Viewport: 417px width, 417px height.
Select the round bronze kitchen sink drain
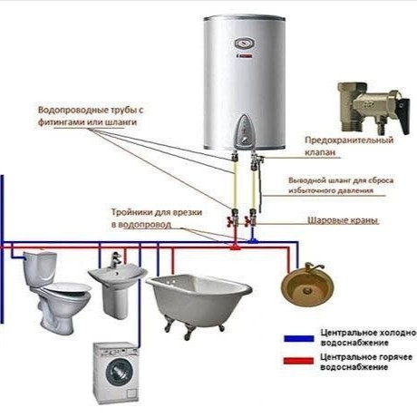point(307,291)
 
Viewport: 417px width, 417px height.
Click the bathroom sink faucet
point(115,259)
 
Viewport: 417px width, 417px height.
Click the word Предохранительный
point(349,141)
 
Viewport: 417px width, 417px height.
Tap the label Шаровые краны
point(343,220)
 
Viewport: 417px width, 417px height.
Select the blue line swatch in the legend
point(298,338)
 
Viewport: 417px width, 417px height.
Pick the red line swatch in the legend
point(298,361)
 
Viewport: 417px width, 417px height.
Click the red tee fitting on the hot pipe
point(235,247)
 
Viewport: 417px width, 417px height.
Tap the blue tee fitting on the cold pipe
point(253,241)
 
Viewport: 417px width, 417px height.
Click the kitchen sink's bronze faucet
point(313,267)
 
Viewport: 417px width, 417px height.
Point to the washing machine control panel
point(116,351)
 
